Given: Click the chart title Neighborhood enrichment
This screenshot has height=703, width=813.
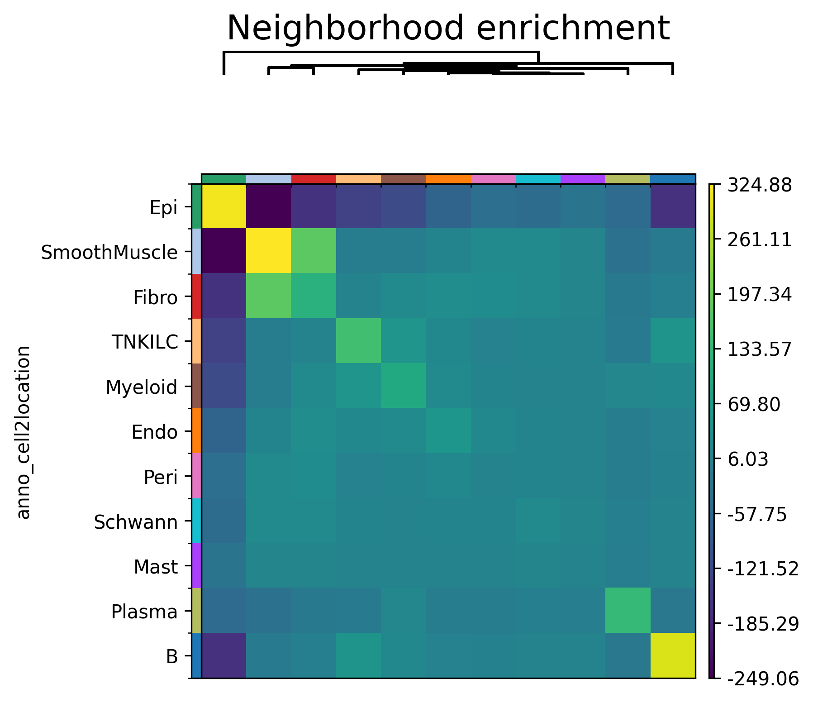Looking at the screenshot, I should pyautogui.click(x=447, y=29).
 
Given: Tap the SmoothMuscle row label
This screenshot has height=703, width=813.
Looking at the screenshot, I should pyautogui.click(x=109, y=253).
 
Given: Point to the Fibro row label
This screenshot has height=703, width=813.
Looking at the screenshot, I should pyautogui.click(x=155, y=298).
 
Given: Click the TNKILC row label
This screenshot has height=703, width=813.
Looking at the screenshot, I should pyautogui.click(x=145, y=343).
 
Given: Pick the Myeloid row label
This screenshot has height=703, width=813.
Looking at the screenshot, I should pyautogui.click(x=141, y=387).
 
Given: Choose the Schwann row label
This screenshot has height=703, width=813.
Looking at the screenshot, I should pyautogui.click(x=135, y=522).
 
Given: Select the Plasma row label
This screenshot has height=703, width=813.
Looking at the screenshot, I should pyautogui.click(x=144, y=612).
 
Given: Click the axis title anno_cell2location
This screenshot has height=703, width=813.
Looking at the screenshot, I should pyautogui.click(x=24, y=432).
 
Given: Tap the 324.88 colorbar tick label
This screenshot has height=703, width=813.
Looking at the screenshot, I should pyautogui.click(x=759, y=185).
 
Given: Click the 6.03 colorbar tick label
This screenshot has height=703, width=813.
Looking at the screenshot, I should pyautogui.click(x=747, y=459).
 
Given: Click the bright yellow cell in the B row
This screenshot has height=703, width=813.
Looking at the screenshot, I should pyautogui.click(x=673, y=655).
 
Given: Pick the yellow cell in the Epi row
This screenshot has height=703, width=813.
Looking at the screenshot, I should pyautogui.click(x=224, y=206).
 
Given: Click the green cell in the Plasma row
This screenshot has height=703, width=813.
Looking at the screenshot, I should pyautogui.click(x=628, y=611).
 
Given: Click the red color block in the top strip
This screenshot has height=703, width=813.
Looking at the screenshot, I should pyautogui.click(x=314, y=179).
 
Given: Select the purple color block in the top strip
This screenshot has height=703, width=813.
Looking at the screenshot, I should pyautogui.click(x=583, y=179).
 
